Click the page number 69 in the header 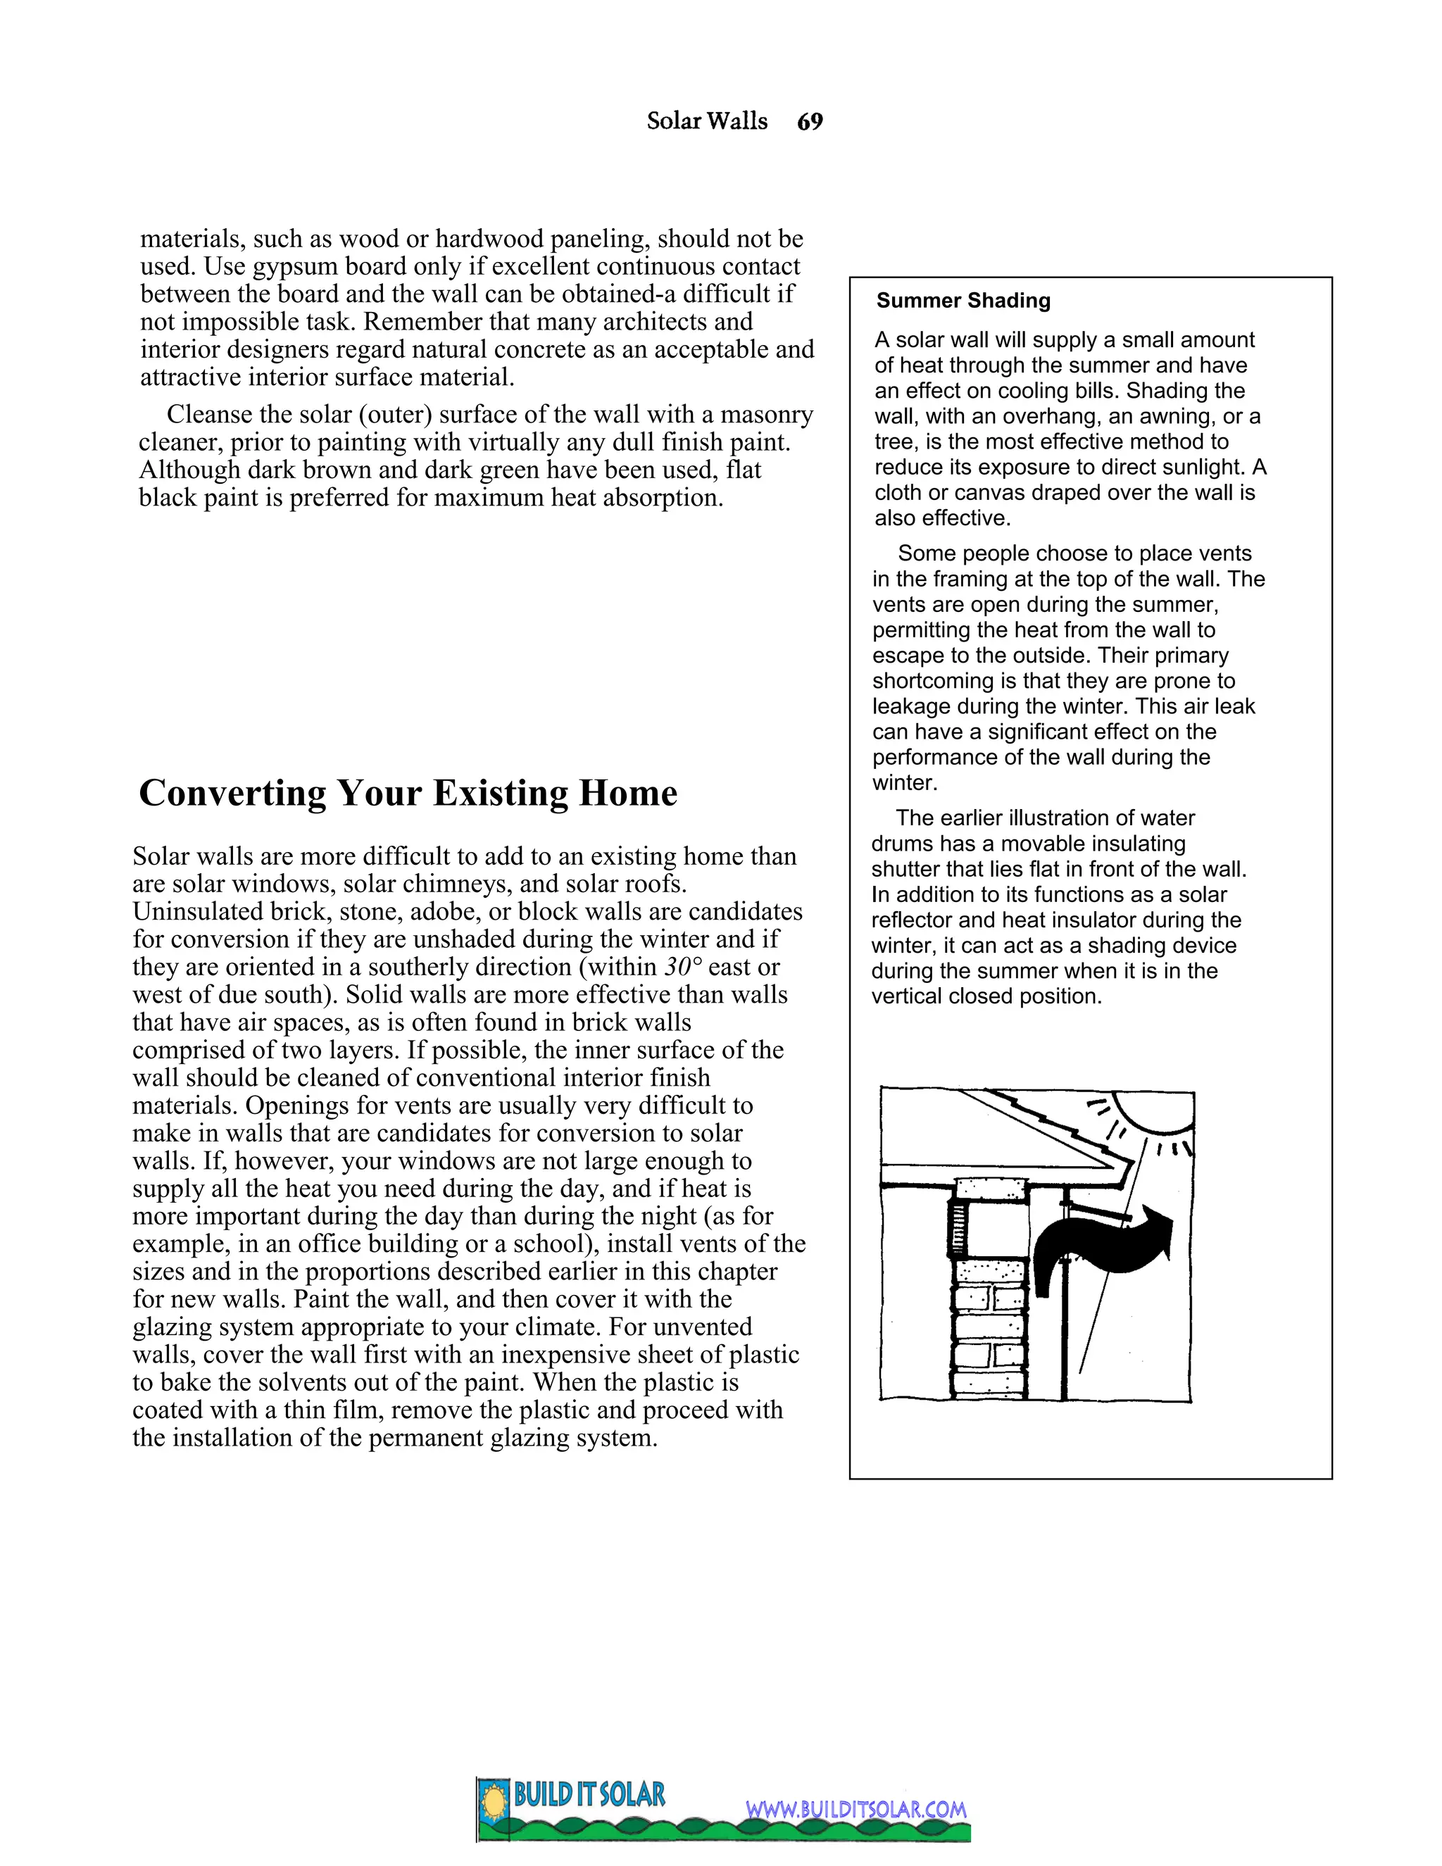pos(809,121)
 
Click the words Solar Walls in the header pos(706,121)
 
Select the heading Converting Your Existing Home pos(408,793)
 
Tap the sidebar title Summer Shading pos(963,301)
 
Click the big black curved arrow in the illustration pos(1102,1248)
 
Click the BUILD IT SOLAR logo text pos(589,1794)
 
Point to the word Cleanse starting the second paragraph pos(208,414)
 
